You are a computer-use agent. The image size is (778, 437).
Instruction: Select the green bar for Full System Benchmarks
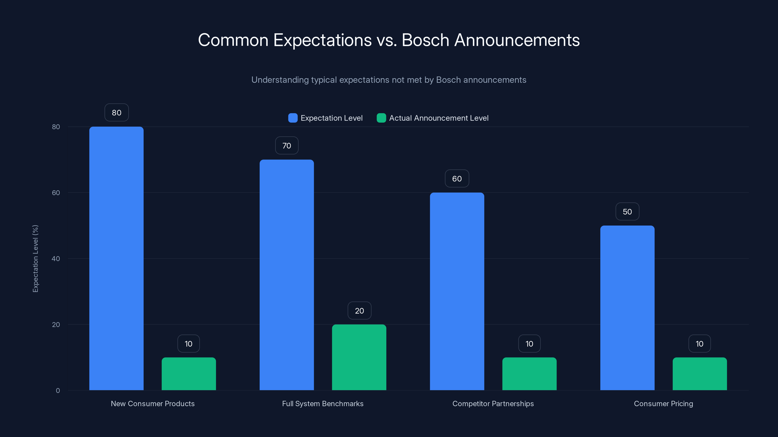point(359,357)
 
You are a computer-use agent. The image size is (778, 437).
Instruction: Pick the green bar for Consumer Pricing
point(699,374)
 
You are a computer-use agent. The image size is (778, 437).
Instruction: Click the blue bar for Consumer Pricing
point(627,308)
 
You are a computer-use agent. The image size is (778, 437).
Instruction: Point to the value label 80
point(117,112)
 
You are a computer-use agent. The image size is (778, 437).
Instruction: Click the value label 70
point(287,146)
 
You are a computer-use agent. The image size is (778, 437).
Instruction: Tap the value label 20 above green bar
point(359,311)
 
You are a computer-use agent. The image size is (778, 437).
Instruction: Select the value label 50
point(627,212)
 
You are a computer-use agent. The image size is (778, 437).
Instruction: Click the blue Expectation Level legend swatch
point(293,118)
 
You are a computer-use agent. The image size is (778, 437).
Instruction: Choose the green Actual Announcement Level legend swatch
point(381,118)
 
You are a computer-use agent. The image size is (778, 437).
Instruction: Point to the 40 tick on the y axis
point(56,259)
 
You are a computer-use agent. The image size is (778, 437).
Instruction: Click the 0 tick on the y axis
point(58,391)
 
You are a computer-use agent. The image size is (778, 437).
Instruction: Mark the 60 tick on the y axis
point(56,193)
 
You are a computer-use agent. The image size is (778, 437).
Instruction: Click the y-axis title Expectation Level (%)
point(35,259)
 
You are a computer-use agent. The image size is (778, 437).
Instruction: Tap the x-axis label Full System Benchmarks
point(323,403)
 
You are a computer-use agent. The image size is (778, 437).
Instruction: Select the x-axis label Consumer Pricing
point(663,403)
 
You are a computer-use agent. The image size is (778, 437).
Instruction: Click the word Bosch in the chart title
point(425,40)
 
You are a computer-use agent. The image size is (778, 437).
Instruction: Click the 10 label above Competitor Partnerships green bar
point(529,344)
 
